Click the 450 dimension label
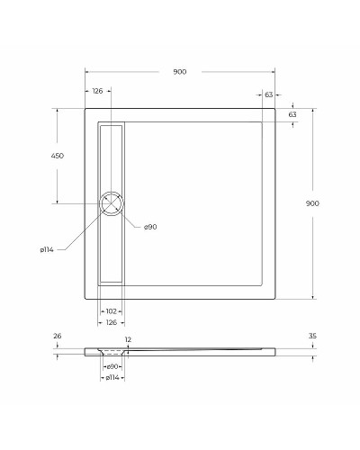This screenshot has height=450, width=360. (57, 156)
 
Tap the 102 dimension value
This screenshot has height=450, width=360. (111, 310)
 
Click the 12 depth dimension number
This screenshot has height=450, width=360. (129, 339)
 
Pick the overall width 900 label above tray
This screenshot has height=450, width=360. (180, 72)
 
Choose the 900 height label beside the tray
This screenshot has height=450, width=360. (312, 203)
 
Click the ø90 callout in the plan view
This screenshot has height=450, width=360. (150, 227)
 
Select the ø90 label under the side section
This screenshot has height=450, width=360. (112, 366)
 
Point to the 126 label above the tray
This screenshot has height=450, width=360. (97, 92)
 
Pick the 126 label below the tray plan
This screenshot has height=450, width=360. (111, 320)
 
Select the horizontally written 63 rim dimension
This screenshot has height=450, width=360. (268, 94)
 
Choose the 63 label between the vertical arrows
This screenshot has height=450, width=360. (292, 115)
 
